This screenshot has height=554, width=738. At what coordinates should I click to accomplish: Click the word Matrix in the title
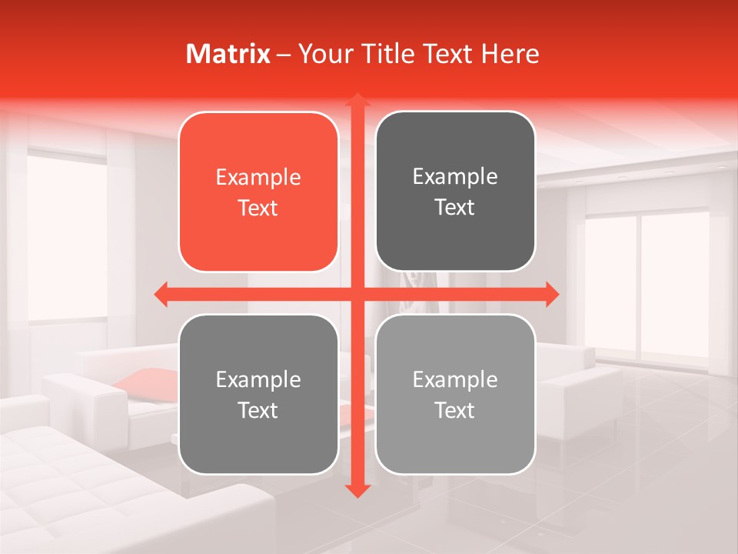pyautogui.click(x=228, y=54)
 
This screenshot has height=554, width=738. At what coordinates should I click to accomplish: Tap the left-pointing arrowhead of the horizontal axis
pyautogui.click(x=161, y=294)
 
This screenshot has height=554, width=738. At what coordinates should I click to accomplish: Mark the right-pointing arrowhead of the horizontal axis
pyautogui.click(x=552, y=294)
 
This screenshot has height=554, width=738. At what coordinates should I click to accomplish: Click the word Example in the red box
pyautogui.click(x=258, y=178)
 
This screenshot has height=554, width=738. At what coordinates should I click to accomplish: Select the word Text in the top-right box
pyautogui.click(x=455, y=207)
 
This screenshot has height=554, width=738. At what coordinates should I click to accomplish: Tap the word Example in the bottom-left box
pyautogui.click(x=258, y=380)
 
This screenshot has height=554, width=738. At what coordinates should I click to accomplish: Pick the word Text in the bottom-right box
pyautogui.click(x=455, y=410)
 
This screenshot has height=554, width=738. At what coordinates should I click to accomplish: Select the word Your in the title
pyautogui.click(x=324, y=54)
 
